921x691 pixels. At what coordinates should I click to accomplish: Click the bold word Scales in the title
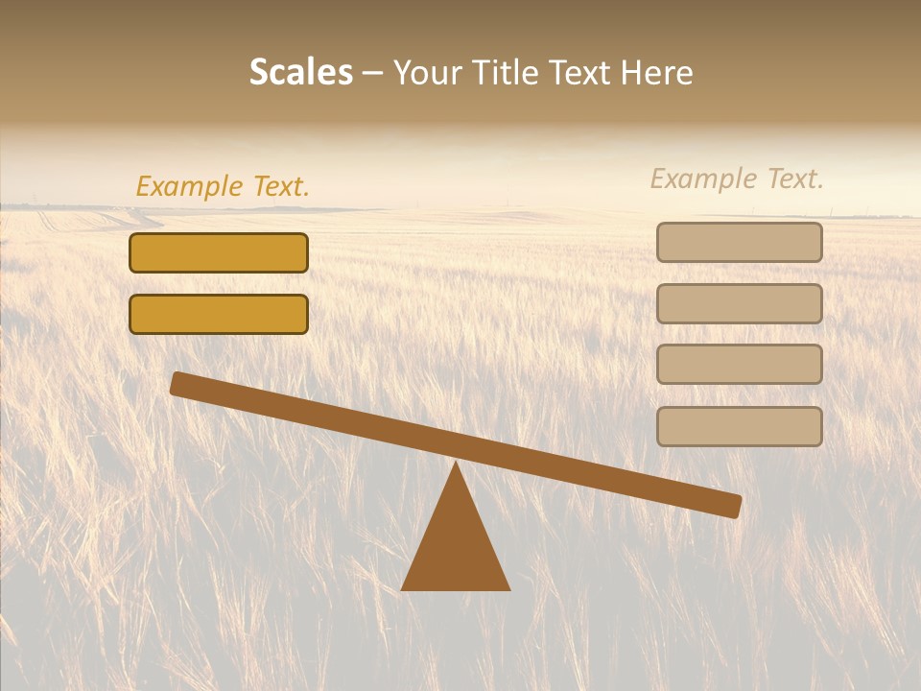300,72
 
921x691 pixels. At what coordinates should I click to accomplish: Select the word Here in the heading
658,73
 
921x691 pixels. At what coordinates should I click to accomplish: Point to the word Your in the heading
427,73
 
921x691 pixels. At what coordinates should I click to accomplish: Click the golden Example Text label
223,186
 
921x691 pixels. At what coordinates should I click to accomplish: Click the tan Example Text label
737,179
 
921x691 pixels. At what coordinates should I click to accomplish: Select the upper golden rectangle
219,253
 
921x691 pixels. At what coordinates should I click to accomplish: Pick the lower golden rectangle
219,314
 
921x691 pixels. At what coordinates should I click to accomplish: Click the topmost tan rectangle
739,242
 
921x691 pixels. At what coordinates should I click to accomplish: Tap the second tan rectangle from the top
739,303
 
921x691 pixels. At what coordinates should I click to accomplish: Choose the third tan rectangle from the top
739,364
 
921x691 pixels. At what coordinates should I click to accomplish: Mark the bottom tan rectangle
739,426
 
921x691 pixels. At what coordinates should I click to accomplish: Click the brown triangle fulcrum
456,547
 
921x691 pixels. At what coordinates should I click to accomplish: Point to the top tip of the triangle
456,465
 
